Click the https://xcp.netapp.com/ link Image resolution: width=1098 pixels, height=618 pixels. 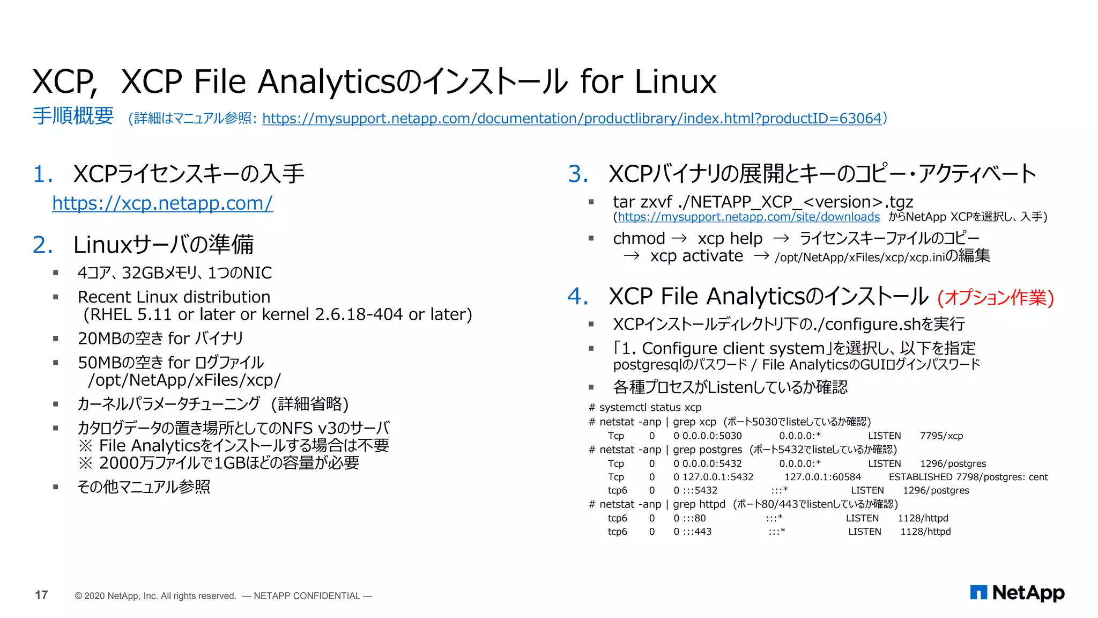tap(162, 203)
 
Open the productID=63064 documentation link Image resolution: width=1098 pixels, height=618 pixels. tap(572, 118)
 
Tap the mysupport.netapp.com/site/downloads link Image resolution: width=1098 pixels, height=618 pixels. tap(748, 217)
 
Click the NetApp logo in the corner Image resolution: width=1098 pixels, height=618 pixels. tap(1017, 593)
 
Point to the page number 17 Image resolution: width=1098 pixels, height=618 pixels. tap(41, 595)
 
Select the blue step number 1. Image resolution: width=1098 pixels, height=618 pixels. tap(42, 174)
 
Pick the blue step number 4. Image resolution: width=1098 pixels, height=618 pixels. tap(578, 296)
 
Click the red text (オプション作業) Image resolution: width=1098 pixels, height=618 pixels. tap(996, 297)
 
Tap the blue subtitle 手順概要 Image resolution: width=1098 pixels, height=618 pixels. tap(73, 116)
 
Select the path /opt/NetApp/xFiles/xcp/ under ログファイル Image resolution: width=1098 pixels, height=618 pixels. tap(184, 380)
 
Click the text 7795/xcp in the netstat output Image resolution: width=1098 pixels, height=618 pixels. tap(941, 436)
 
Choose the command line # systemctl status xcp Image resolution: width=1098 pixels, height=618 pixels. tap(645, 407)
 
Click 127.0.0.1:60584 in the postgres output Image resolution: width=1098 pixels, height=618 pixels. tap(822, 477)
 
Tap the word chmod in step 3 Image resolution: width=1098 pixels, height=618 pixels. tap(639, 238)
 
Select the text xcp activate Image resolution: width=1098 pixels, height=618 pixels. tap(696, 256)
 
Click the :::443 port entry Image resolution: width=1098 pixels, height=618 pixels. tap(697, 532)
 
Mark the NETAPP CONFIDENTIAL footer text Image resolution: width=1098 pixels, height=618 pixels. tap(307, 596)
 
